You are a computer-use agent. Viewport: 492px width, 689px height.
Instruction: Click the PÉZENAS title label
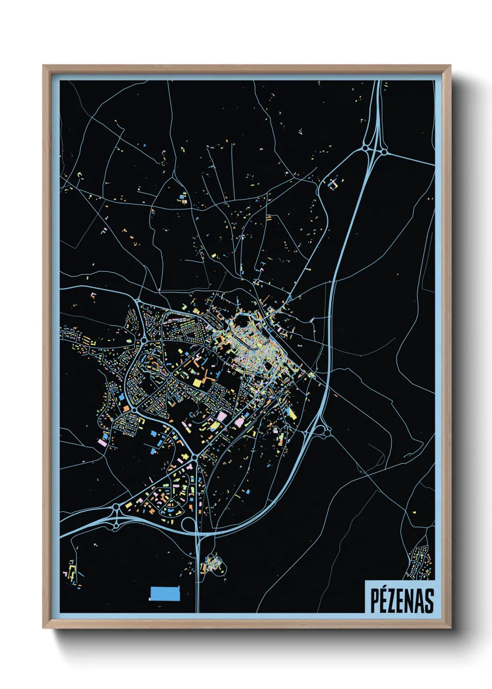tap(401, 601)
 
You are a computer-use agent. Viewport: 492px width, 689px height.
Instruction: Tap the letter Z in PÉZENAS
tap(392, 601)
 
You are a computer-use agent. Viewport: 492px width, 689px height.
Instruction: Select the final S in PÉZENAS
tap(428, 601)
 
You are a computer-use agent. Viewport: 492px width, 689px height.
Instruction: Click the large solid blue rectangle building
tap(165, 594)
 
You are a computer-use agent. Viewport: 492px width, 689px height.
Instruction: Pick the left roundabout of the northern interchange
tap(366, 148)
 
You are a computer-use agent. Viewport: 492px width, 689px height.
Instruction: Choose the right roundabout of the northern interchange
tap(384, 151)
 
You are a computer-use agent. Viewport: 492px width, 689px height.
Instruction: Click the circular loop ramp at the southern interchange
tap(189, 525)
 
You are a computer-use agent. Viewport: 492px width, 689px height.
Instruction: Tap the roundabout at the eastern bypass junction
tap(327, 433)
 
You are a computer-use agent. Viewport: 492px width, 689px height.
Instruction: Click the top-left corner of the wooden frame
tap(44, 66)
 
